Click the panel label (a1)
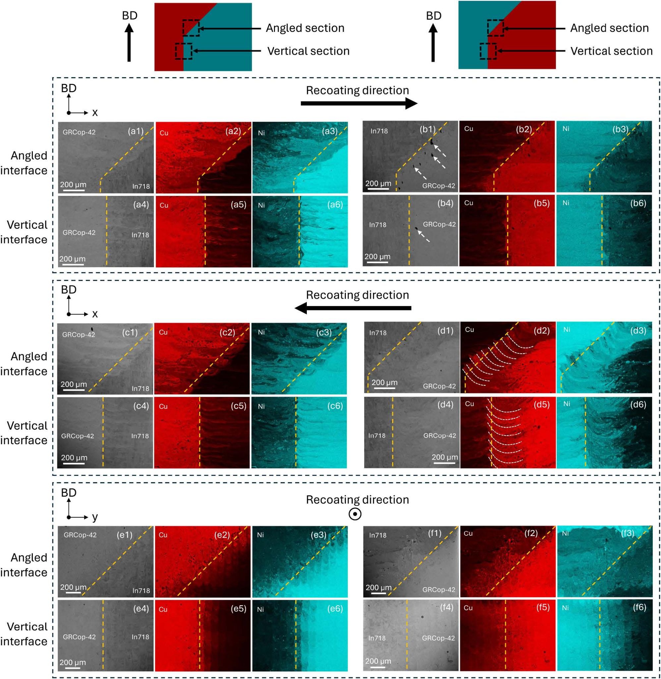[136, 131]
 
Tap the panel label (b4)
[445, 203]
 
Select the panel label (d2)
[542, 330]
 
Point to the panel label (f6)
[639, 607]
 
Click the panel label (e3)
[318, 534]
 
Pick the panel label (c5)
[239, 406]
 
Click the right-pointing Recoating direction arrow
[358, 103]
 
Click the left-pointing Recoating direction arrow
[353, 308]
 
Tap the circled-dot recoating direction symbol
[355, 514]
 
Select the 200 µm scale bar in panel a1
[73, 190]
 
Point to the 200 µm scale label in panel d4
[445, 457]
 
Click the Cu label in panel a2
[164, 133]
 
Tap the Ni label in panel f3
[565, 533]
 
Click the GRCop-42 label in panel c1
[79, 335]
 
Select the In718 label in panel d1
[378, 333]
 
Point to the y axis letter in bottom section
[95, 517]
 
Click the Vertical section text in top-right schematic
[611, 51]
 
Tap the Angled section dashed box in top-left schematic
[191, 28]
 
